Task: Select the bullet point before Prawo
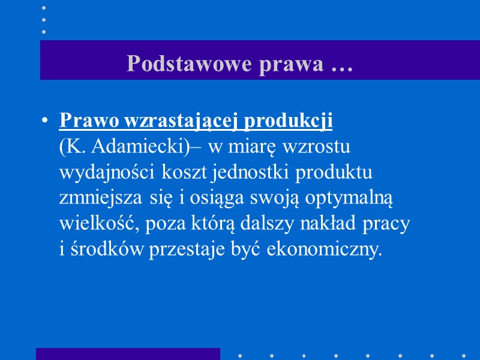[45, 121]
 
